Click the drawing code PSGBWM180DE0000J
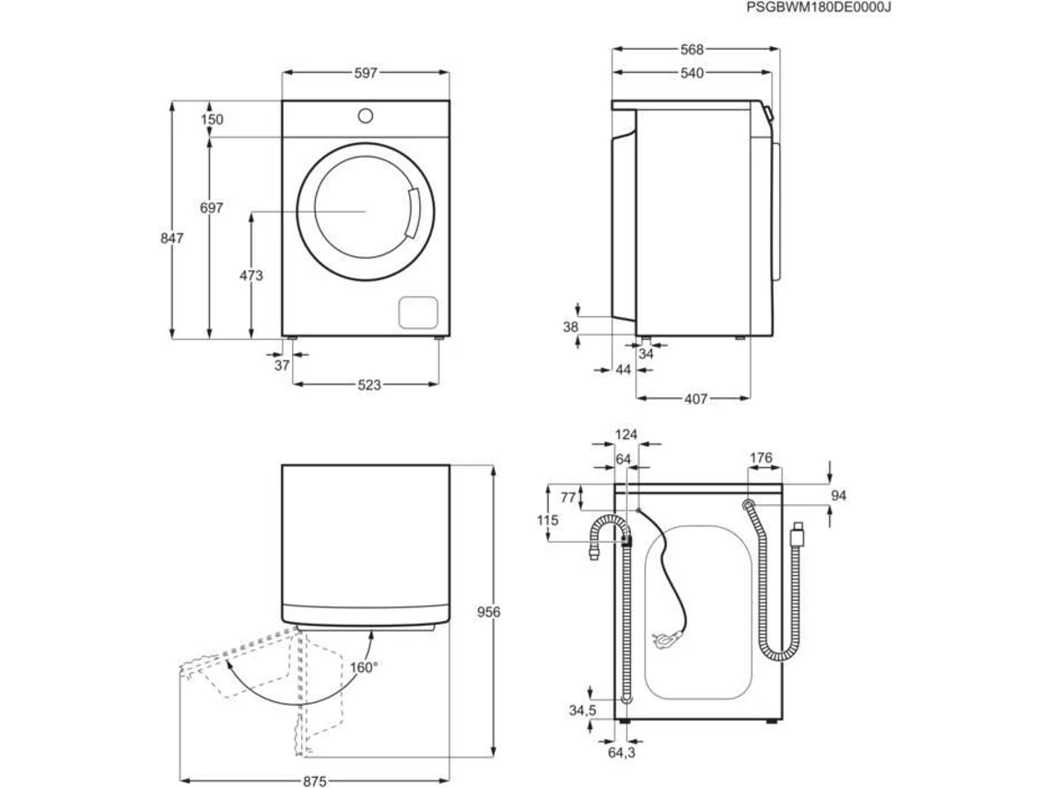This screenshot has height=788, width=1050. tap(818, 7)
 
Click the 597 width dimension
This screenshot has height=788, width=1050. tap(366, 73)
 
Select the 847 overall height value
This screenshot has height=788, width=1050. tap(171, 238)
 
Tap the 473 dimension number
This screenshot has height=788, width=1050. tap(251, 276)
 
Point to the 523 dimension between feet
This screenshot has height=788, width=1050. tap(369, 384)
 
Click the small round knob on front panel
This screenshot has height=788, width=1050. tap(365, 116)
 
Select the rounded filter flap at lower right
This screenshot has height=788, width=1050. tap(418, 312)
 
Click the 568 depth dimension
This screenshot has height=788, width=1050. tap(692, 49)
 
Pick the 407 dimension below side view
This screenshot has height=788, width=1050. tap(695, 399)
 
